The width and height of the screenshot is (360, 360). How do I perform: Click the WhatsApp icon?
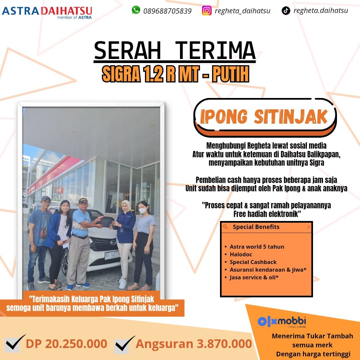(136, 10)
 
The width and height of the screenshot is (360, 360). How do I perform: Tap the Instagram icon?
(207, 11)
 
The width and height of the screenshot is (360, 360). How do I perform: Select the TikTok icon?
(286, 11)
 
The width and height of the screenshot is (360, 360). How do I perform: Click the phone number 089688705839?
(167, 11)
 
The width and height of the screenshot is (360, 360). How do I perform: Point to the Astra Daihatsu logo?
(47, 13)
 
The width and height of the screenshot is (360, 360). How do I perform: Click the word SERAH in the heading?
(127, 51)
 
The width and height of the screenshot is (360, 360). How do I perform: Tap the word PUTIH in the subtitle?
(230, 74)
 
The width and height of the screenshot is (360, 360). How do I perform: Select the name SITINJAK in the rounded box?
(291, 117)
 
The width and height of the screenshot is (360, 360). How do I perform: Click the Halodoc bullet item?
(241, 254)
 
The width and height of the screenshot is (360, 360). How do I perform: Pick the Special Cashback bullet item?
(253, 262)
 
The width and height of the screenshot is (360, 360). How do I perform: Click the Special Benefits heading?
(256, 227)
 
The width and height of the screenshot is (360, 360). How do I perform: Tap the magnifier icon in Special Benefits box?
(225, 227)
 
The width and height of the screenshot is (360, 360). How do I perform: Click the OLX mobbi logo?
(282, 322)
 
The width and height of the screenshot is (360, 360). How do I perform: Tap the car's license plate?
(112, 255)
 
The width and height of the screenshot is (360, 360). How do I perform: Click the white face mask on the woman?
(142, 211)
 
